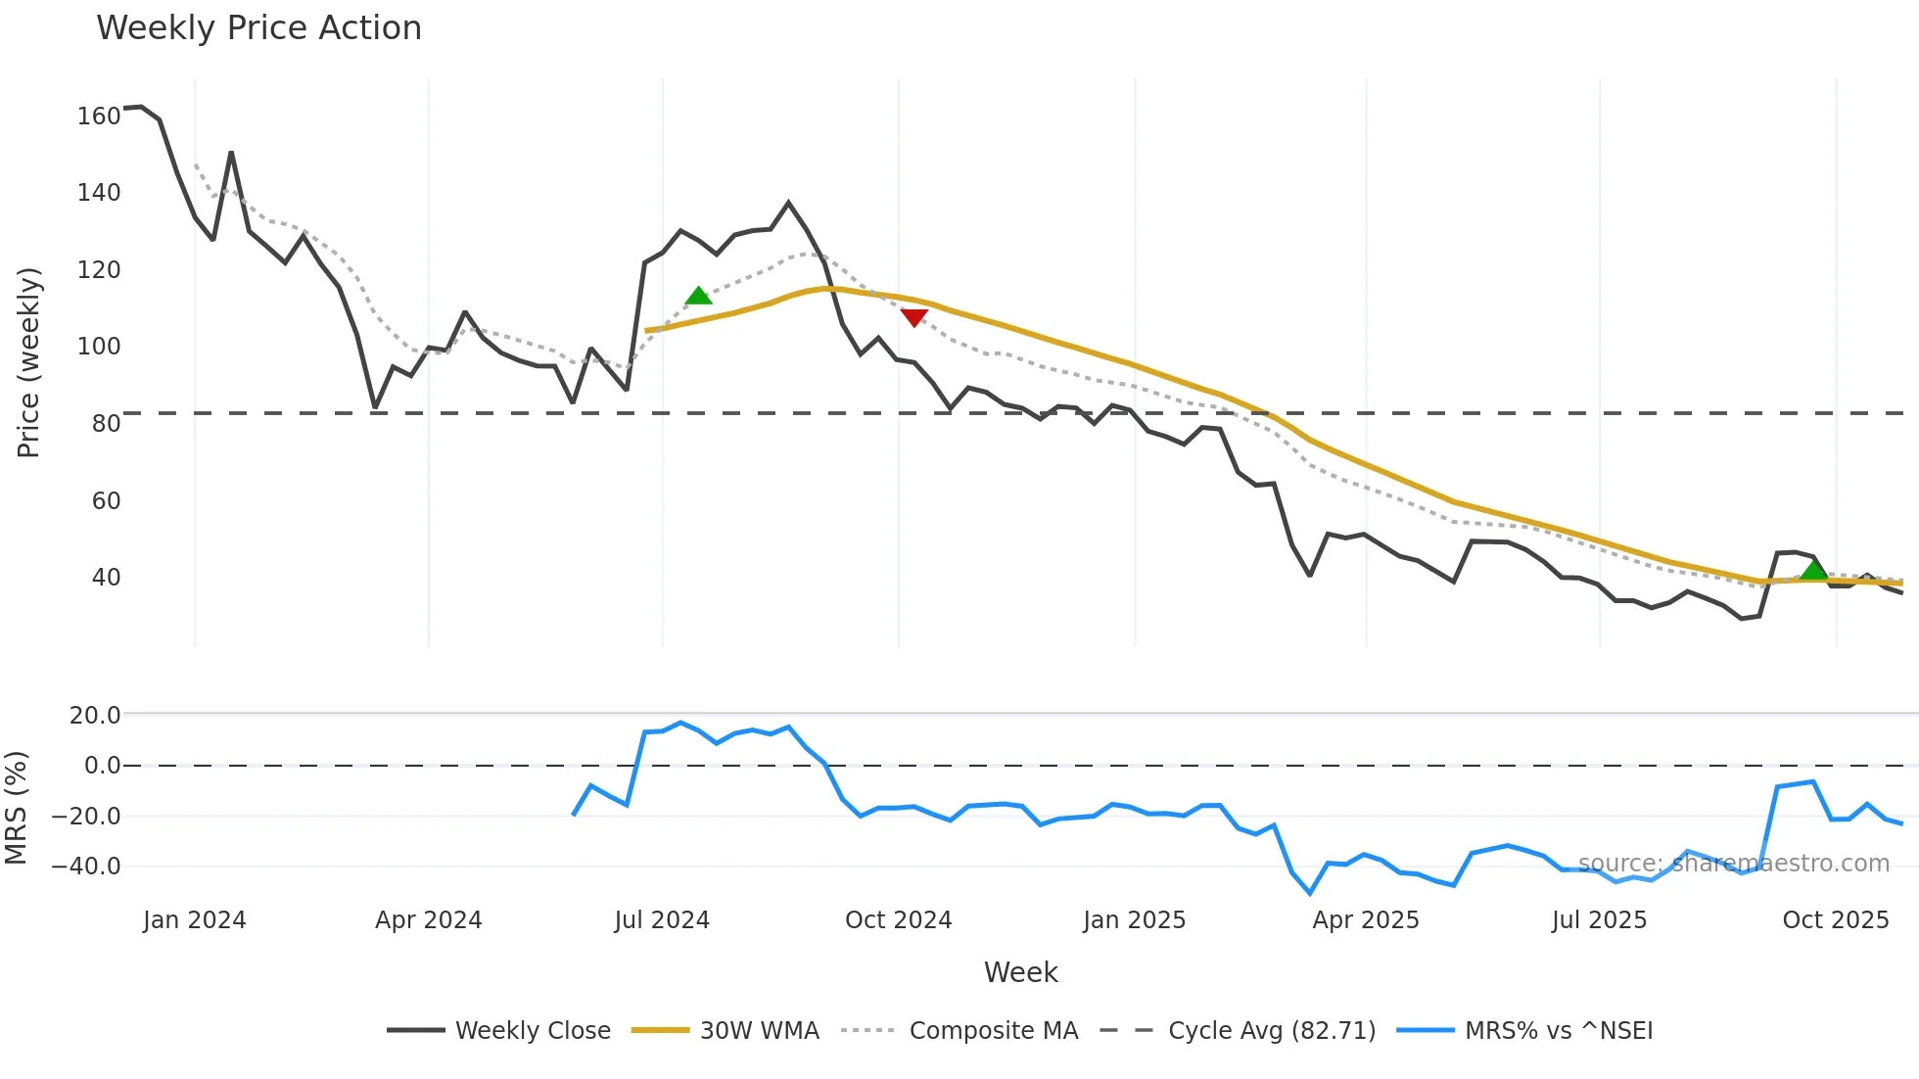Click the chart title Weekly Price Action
(x=258, y=28)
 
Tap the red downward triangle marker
(x=913, y=317)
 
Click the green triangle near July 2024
(x=698, y=296)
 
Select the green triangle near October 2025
(x=1813, y=570)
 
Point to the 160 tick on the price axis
(x=99, y=116)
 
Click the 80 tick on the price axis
(x=106, y=424)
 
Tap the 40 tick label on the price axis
(x=106, y=578)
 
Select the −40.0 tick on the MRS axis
(x=86, y=867)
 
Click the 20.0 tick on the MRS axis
(x=95, y=716)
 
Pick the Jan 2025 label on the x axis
(x=1134, y=920)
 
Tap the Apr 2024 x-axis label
(x=428, y=920)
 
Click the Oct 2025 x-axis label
(x=1835, y=920)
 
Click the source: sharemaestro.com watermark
(x=1733, y=864)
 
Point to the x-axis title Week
(x=1020, y=972)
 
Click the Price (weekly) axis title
(x=28, y=362)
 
